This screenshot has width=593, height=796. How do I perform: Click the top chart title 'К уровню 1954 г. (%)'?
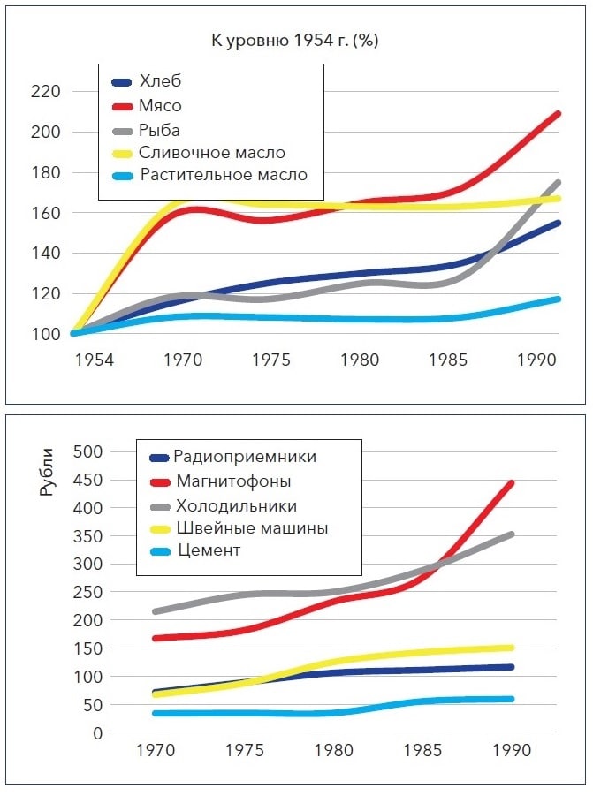click(294, 41)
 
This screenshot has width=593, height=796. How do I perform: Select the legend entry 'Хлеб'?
click(160, 81)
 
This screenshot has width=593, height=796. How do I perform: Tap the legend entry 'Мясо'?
click(161, 105)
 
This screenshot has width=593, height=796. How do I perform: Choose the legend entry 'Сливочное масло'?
click(212, 152)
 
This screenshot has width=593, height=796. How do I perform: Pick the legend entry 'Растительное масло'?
click(224, 175)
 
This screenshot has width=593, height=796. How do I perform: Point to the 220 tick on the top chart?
click(45, 92)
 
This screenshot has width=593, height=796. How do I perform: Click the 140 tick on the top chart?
click(45, 254)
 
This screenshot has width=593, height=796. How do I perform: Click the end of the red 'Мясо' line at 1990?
click(557, 114)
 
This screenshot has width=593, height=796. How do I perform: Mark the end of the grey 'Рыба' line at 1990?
click(558, 183)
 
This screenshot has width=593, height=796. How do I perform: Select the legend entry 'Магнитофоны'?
click(233, 481)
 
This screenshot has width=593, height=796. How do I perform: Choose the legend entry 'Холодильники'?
click(236, 505)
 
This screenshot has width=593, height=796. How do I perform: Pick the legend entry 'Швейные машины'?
click(252, 528)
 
